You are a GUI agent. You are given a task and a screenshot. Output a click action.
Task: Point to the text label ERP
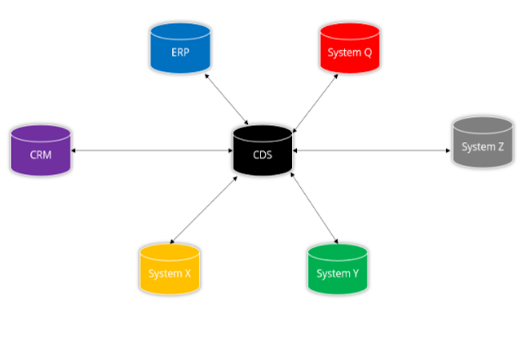[180, 52]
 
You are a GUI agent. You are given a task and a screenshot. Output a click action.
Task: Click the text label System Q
[349, 52]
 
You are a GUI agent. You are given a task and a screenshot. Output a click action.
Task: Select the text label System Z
[483, 147]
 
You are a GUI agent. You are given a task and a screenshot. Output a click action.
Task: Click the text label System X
[170, 273]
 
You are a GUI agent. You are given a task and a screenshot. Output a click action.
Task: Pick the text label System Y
[338, 273]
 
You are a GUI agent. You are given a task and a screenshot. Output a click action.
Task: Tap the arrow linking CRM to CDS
[151, 151]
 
